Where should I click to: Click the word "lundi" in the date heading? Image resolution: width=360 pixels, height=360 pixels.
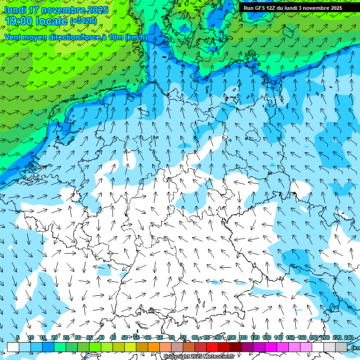(15, 10)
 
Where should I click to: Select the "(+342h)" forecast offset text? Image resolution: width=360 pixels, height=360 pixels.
(83, 21)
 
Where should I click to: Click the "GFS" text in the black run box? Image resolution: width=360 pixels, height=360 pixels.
(260, 8)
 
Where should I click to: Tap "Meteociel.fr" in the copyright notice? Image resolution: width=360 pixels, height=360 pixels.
(219, 357)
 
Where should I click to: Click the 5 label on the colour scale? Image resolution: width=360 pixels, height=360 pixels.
(18, 338)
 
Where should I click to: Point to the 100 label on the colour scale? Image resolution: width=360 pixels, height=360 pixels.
(232, 338)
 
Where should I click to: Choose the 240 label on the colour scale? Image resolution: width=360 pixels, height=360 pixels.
(348, 338)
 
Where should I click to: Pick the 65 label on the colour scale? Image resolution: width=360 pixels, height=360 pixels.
(159, 338)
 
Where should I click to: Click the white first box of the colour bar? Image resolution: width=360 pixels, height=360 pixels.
(13, 347)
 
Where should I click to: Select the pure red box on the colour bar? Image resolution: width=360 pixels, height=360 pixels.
(212, 347)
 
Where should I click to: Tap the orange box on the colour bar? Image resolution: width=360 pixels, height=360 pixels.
(154, 347)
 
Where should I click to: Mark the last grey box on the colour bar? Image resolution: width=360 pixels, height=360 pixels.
(341, 347)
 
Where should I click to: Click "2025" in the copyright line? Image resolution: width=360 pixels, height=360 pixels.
(196, 357)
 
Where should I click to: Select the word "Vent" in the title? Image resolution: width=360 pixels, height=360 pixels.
(14, 37)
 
